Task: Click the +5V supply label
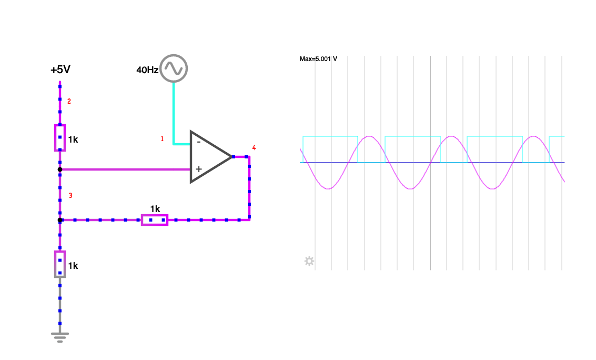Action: (60, 70)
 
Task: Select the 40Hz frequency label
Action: (147, 70)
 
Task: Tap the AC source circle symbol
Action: (174, 68)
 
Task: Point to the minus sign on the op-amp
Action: (198, 142)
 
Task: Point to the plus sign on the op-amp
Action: (198, 169)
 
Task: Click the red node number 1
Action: (162, 139)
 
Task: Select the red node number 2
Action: (69, 102)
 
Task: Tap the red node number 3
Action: (70, 196)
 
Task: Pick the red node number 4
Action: (254, 148)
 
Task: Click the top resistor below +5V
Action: (60, 138)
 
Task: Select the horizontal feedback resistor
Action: (155, 219)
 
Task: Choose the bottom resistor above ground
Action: (60, 264)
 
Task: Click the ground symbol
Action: (60, 336)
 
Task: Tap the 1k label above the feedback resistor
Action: (155, 208)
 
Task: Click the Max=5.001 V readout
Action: (318, 59)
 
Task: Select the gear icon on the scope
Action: (309, 261)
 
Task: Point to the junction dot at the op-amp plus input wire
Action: (60, 169)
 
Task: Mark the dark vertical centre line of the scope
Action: (430, 211)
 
